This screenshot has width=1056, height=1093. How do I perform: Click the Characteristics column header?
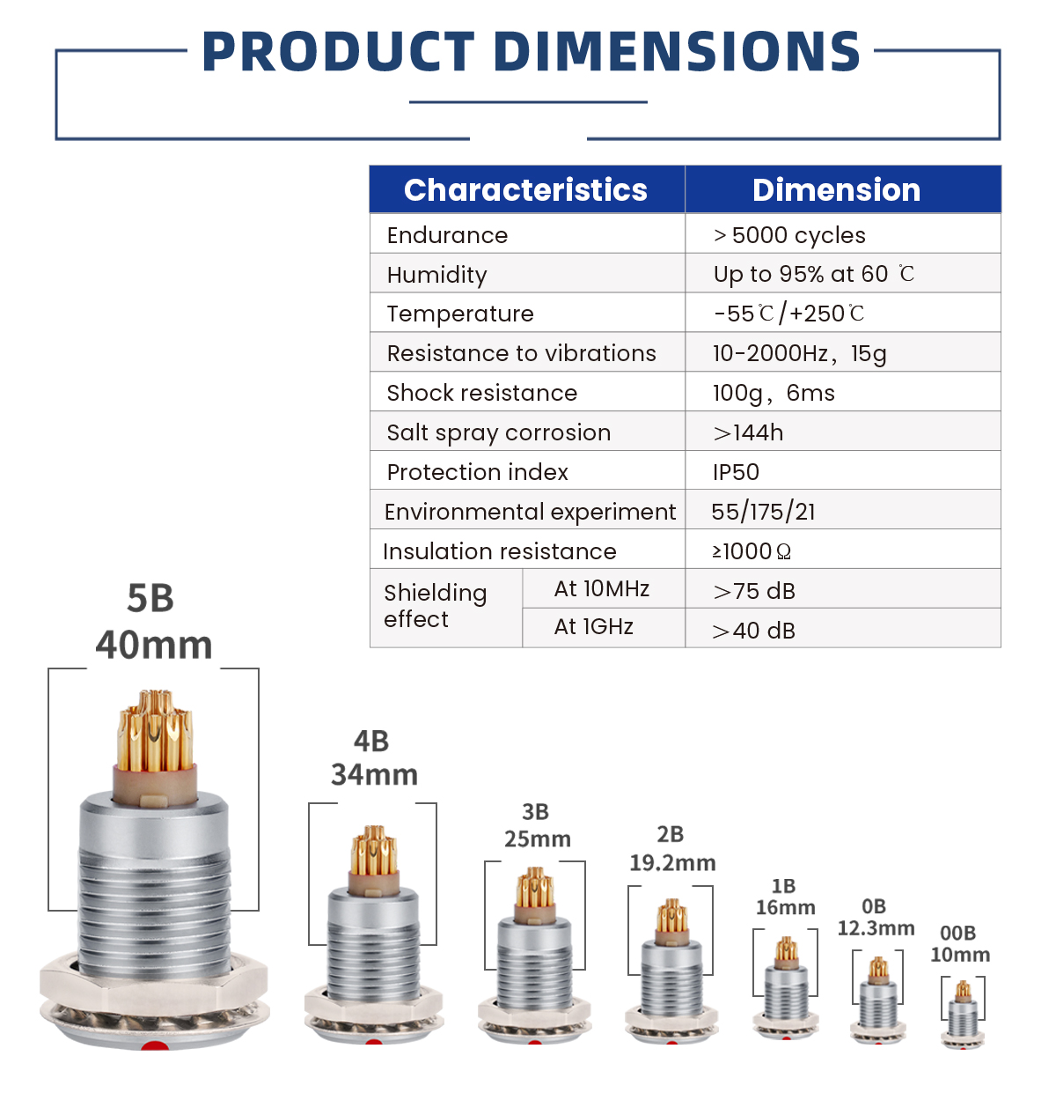(524, 190)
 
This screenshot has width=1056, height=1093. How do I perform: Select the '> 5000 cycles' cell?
(788, 235)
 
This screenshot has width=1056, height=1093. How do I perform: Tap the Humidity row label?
(436, 275)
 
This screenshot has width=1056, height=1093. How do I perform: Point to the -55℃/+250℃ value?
(788, 314)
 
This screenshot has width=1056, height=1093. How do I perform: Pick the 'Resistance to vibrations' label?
(521, 353)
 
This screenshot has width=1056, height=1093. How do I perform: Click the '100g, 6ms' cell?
(774, 393)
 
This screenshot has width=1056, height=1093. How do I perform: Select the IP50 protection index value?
(736, 472)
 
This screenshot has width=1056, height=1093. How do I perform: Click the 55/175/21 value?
(763, 512)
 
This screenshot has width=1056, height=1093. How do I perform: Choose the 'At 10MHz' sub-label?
(601, 588)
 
